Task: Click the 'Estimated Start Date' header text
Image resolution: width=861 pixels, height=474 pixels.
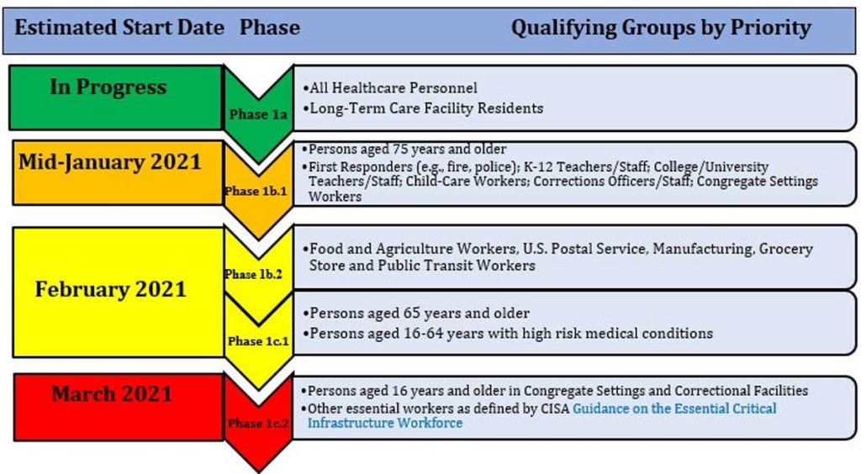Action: (x=119, y=28)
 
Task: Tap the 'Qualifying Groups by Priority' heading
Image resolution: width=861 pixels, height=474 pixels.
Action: (x=661, y=28)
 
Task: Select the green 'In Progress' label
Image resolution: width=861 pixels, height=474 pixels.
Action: (x=108, y=87)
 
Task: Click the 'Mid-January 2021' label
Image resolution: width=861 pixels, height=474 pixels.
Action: (x=110, y=162)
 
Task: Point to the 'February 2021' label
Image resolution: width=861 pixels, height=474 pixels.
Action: (x=111, y=289)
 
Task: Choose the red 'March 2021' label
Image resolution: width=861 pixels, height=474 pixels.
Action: (x=112, y=394)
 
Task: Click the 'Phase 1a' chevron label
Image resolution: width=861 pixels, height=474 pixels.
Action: (x=258, y=114)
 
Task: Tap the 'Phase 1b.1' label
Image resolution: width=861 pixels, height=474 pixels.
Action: (x=256, y=191)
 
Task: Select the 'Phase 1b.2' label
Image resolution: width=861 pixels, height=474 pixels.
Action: (x=253, y=274)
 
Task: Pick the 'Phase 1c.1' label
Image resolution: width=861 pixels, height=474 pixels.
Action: (x=258, y=340)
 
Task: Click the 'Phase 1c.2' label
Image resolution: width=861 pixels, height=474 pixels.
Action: (x=258, y=423)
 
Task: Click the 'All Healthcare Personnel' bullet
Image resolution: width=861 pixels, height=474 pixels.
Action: (x=390, y=87)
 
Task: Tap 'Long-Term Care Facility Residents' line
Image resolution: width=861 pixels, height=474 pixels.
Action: (x=423, y=108)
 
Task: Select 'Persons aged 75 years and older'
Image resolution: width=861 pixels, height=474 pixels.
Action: (x=404, y=150)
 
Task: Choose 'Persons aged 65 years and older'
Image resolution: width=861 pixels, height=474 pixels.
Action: (x=416, y=313)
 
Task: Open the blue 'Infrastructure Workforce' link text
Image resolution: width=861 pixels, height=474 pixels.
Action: (x=385, y=423)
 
